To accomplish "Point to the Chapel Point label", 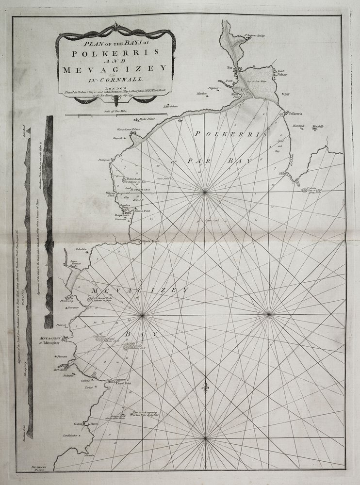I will click(124, 383).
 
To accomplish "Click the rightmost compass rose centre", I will click(269, 315).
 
